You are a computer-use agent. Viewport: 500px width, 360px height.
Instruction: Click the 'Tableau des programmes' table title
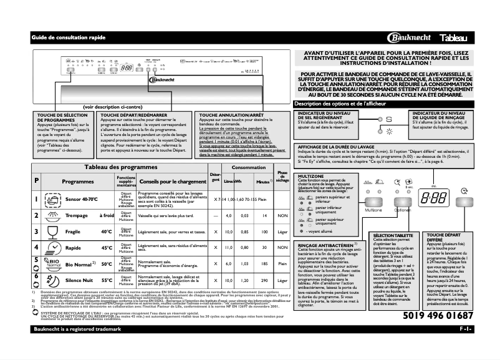point(115,167)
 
